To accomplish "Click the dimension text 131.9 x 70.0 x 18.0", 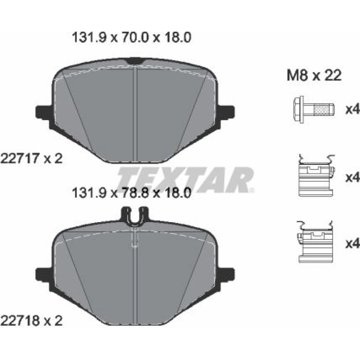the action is click(131, 37).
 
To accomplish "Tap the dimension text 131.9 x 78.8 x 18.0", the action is click(131, 193).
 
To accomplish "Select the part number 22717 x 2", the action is click(31, 158).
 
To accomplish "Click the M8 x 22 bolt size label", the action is click(314, 75).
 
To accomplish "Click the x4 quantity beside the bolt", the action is click(353, 109).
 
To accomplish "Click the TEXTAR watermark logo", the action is click(185, 180).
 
